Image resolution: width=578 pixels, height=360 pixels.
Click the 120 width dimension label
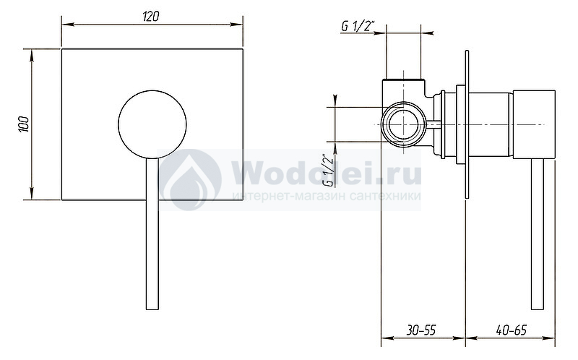[x=151, y=17]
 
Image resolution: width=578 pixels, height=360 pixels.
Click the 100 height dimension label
[x=23, y=124]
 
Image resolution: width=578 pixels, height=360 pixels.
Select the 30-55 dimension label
[x=421, y=330]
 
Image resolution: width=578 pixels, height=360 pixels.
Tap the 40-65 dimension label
[x=512, y=330]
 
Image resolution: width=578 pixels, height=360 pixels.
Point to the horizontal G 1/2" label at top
[x=358, y=26]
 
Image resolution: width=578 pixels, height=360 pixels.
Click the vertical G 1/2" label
[x=329, y=170]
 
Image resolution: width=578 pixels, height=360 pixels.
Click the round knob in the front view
[x=152, y=124]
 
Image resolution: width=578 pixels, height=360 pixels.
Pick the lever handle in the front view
[x=152, y=233]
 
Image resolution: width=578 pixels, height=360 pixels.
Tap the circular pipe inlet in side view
[x=404, y=124]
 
